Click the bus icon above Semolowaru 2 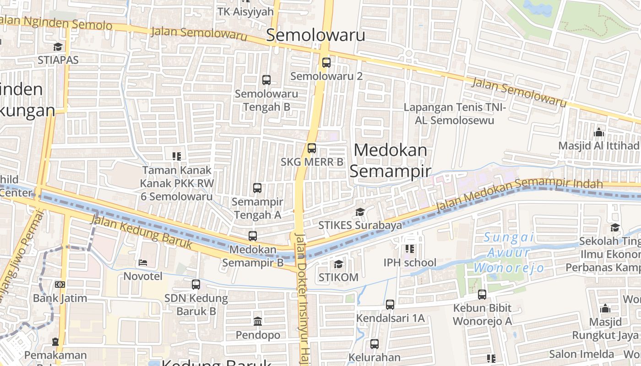click(326, 63)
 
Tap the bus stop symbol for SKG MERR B click(312, 148)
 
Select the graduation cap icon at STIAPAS click(58, 47)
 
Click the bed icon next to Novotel click(143, 263)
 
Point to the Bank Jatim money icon click(60, 285)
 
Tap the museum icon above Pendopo click(258, 321)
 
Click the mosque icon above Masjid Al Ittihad click(599, 133)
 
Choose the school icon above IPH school click(409, 249)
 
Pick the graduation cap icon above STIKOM click(338, 264)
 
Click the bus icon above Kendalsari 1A click(390, 304)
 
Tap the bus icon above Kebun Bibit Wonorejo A click(482, 295)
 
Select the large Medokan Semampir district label click(391, 160)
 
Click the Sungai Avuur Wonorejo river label click(509, 252)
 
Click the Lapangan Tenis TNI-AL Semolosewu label click(455, 114)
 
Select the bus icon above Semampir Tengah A click(257, 188)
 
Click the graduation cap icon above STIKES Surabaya click(360, 212)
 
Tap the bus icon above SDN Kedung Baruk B click(196, 285)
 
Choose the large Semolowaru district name click(315, 35)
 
